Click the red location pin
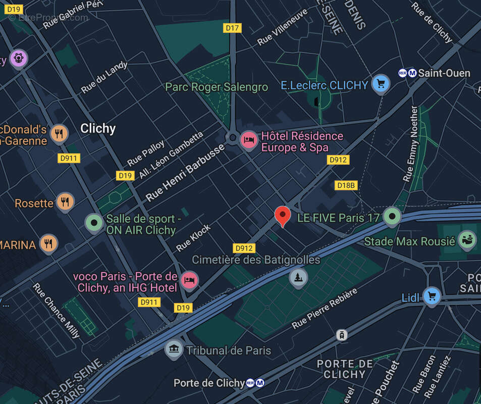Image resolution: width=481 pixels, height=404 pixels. [x=283, y=215]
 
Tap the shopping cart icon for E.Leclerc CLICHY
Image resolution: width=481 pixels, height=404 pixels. [x=381, y=83]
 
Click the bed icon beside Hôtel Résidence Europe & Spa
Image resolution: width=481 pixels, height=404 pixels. [x=248, y=139]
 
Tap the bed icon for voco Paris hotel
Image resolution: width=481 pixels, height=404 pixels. [x=189, y=279]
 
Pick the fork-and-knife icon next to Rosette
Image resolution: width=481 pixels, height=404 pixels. [x=65, y=201]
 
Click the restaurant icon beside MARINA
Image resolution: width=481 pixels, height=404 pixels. [x=48, y=243]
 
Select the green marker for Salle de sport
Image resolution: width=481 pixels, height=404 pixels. [x=94, y=222]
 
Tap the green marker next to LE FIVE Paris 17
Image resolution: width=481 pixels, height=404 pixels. [x=392, y=216]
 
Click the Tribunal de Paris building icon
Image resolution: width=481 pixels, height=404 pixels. [x=174, y=348]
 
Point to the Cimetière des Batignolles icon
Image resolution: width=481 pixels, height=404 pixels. [x=298, y=277]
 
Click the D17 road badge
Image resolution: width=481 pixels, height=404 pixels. [x=232, y=28]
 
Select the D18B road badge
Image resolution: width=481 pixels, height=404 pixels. [x=346, y=185]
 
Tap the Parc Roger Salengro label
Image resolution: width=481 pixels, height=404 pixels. [x=217, y=87]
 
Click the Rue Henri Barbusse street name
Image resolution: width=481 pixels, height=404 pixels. [x=185, y=173]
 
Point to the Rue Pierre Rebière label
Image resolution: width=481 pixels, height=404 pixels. [x=325, y=309]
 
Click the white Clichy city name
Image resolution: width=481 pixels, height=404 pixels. [x=98, y=128]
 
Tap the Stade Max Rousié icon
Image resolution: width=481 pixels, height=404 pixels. [x=467, y=240]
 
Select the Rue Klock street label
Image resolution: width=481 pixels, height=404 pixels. [x=194, y=238]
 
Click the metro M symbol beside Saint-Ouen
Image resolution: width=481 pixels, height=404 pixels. [x=412, y=73]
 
